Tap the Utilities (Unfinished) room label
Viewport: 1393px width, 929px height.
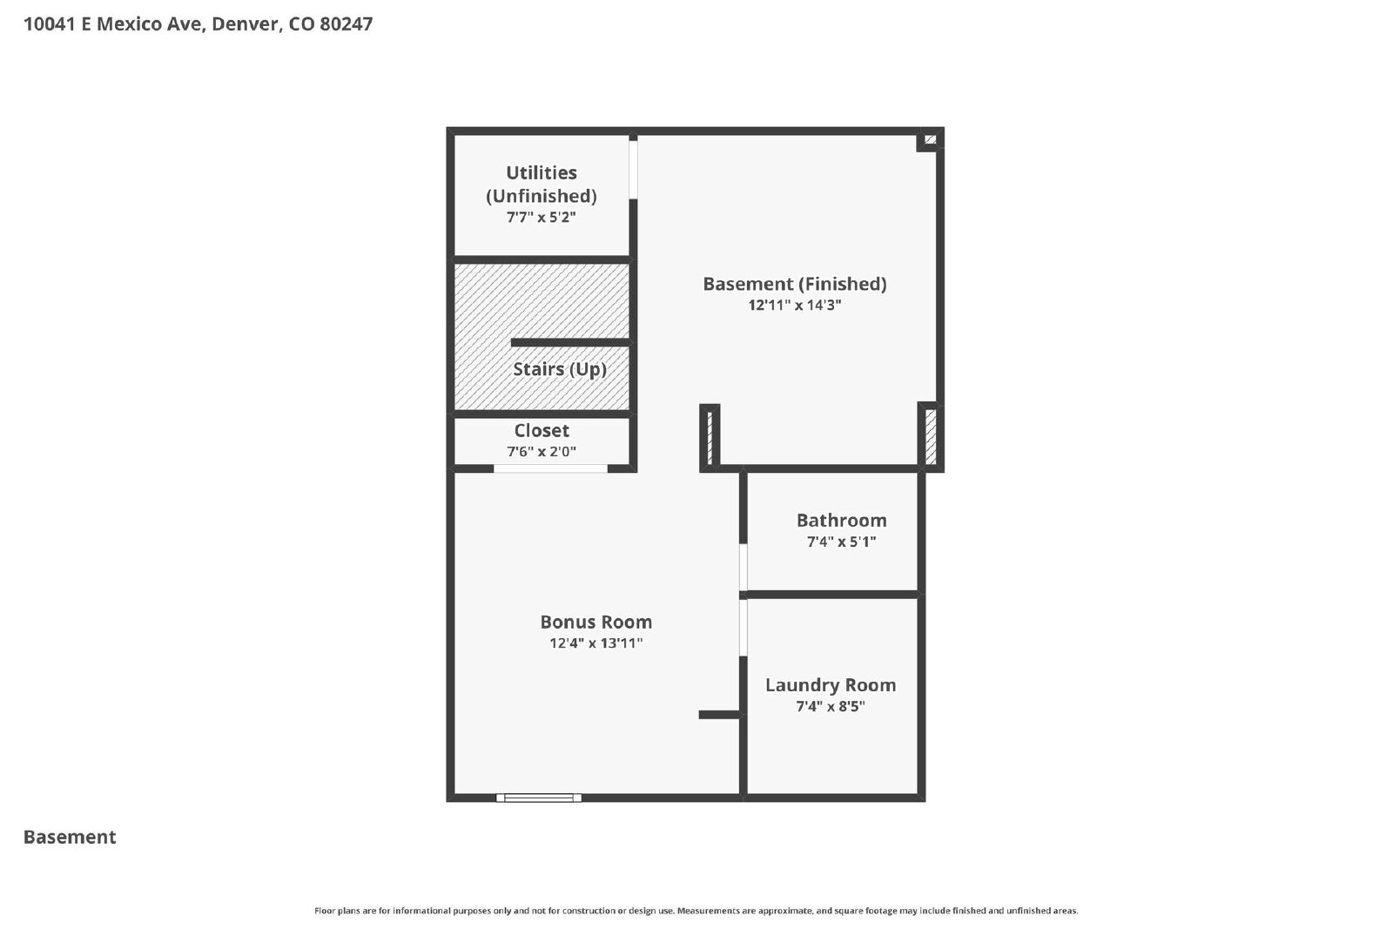click(x=541, y=184)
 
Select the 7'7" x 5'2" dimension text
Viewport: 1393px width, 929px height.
click(x=541, y=217)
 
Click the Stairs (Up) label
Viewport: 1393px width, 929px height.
click(x=560, y=369)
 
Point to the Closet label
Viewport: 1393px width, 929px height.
click(x=542, y=430)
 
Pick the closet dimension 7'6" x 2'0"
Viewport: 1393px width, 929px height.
click(x=542, y=452)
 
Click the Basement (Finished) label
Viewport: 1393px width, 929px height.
click(x=795, y=284)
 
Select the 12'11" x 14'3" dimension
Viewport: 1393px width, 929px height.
click(x=795, y=305)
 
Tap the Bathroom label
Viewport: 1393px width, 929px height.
click(x=841, y=521)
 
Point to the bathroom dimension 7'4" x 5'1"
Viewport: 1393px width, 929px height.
click(x=841, y=542)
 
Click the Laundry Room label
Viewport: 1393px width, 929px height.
click(x=831, y=685)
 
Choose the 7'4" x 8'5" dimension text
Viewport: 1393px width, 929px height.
click(x=831, y=706)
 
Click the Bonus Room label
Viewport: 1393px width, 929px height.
click(x=596, y=622)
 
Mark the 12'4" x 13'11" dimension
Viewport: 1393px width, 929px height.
click(x=596, y=643)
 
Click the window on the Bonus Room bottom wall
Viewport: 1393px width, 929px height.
click(x=539, y=798)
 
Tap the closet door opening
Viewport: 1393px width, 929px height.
click(x=550, y=468)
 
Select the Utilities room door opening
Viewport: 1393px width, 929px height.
click(x=633, y=169)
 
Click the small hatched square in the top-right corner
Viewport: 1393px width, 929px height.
click(x=931, y=140)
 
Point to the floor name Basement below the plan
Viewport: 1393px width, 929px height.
click(x=70, y=837)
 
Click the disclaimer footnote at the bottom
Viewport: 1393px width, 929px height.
click(x=696, y=911)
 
